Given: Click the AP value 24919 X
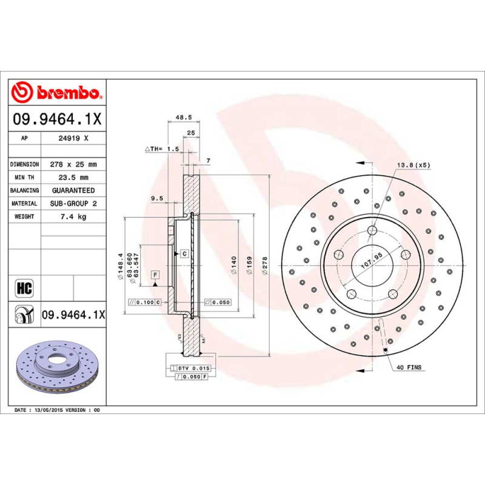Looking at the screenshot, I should pyautogui.click(x=73, y=138).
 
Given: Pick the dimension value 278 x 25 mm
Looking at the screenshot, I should pyautogui.click(x=73, y=164).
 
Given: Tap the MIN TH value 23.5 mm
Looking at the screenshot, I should pyautogui.click(x=73, y=178).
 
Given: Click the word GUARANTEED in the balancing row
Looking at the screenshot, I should pyautogui.click(x=73, y=190).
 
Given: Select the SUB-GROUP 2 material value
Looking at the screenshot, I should pyautogui.click(x=73, y=204).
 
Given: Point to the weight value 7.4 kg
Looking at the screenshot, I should pyautogui.click(x=73, y=216).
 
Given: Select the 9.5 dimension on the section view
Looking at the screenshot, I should pyautogui.click(x=158, y=198).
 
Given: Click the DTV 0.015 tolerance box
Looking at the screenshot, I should pyautogui.click(x=195, y=368).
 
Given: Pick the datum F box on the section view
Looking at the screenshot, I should pyautogui.click(x=155, y=275).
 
